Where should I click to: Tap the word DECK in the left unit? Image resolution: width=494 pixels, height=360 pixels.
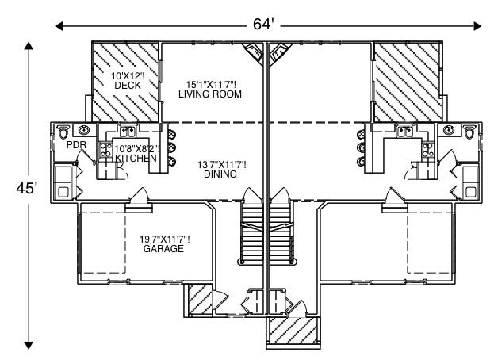[127, 85]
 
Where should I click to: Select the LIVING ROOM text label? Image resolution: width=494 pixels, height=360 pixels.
[210, 94]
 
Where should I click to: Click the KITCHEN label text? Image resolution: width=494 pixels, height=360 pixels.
[136, 159]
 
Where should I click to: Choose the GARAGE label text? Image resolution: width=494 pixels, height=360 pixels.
[163, 249]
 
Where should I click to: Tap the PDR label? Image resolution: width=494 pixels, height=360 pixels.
[75, 146]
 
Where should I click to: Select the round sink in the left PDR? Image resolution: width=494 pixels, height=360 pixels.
[83, 130]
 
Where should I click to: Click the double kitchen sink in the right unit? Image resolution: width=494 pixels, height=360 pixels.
[404, 131]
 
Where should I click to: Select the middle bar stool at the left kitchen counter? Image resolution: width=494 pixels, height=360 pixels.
[169, 147]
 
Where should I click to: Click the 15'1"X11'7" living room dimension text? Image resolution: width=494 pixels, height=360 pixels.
[209, 83]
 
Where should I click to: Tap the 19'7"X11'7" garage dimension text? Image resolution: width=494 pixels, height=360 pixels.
[164, 238]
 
